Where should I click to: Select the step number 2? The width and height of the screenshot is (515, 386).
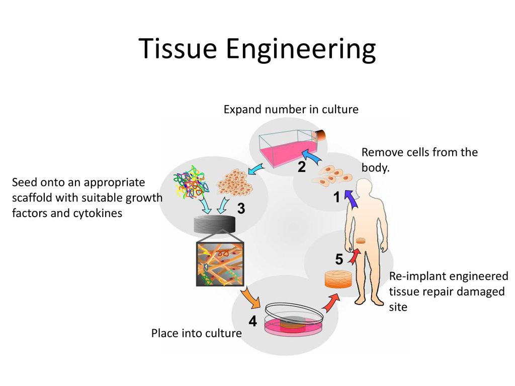pos(301,168)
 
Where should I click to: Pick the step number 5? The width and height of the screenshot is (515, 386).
pos(339,260)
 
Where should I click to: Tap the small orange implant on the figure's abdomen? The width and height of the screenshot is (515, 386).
pos(360,241)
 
